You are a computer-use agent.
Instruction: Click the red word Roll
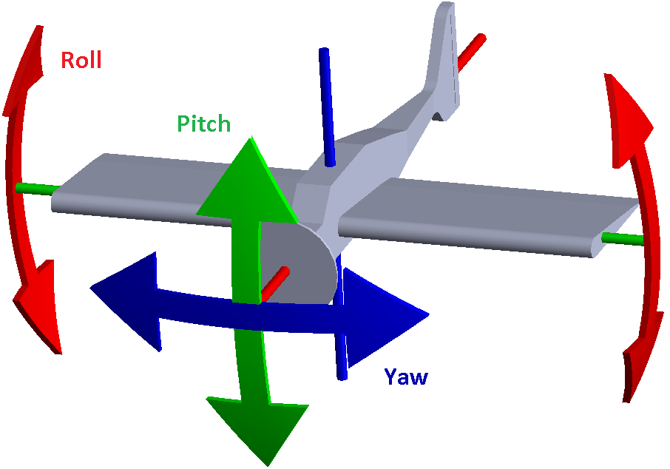pos(81,60)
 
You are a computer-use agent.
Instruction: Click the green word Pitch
pos(204,124)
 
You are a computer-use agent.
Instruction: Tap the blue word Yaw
pos(406,377)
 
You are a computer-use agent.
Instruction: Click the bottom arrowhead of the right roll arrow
pos(637,362)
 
